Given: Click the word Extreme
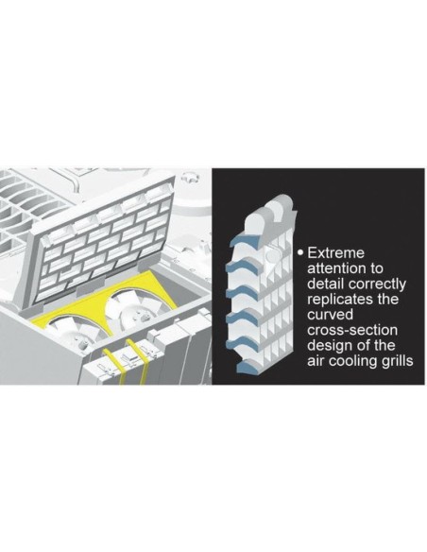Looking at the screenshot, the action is [335, 253].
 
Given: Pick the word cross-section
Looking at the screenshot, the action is [352, 330].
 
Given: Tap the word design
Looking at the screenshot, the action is [329, 346].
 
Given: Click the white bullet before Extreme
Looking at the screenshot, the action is [300, 252].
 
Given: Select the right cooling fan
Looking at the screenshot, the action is [136, 307].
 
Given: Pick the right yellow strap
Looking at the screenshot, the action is [138, 362].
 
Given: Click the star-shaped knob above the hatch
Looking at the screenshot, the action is [190, 177].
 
